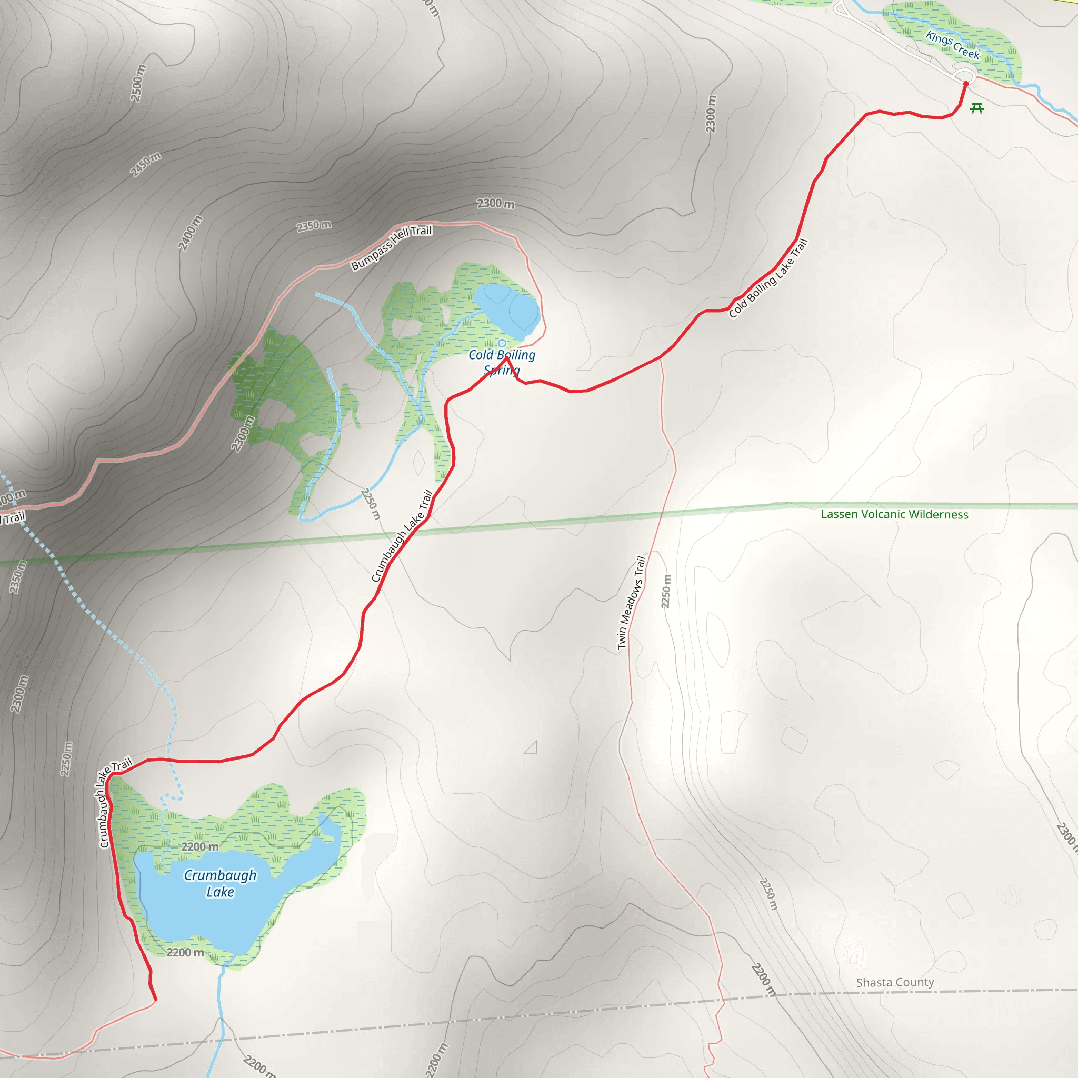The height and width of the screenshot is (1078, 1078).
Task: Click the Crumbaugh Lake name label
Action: pos(221,883)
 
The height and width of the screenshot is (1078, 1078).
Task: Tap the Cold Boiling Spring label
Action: pos(502,362)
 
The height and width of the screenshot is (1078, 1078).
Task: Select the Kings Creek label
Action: pos(952,45)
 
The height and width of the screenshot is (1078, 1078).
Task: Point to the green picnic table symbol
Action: pos(976,108)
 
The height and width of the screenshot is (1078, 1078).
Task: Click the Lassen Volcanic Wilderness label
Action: pos(894,514)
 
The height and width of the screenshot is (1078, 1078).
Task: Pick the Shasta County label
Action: pos(895,982)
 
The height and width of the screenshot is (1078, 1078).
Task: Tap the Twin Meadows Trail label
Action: pos(631,603)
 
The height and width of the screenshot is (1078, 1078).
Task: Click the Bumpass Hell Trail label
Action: pos(391,247)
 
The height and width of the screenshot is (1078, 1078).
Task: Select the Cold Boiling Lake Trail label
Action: pos(768,278)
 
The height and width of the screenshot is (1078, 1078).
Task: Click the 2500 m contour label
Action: pos(138,83)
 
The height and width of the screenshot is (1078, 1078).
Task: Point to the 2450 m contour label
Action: pos(146,164)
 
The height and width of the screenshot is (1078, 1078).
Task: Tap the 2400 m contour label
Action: pos(190,233)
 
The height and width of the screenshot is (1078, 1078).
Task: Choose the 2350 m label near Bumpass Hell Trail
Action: pos(314,225)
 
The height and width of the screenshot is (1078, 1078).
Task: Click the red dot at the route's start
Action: pos(966,84)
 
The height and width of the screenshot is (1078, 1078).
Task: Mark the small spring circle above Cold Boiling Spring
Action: pos(502,343)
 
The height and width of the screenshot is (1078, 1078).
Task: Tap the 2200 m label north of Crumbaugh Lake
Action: pos(199,846)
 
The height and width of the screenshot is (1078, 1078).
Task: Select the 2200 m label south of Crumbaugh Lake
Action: pos(185,952)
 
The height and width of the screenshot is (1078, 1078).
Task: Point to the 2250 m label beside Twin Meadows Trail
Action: pos(666,592)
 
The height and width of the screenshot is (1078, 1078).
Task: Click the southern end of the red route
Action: pos(156,1000)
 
